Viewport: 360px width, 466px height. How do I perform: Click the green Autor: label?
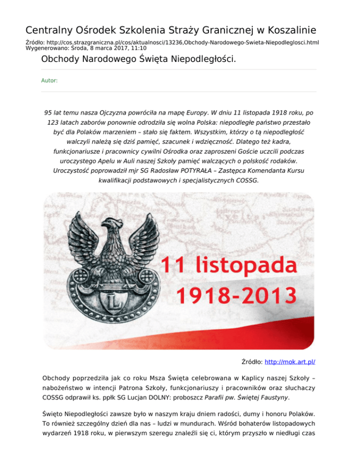click(50, 81)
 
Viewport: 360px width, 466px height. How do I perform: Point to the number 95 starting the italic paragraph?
click(48, 113)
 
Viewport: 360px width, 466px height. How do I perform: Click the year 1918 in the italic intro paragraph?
click(258, 113)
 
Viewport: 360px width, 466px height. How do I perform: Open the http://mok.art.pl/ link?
click(293, 362)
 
